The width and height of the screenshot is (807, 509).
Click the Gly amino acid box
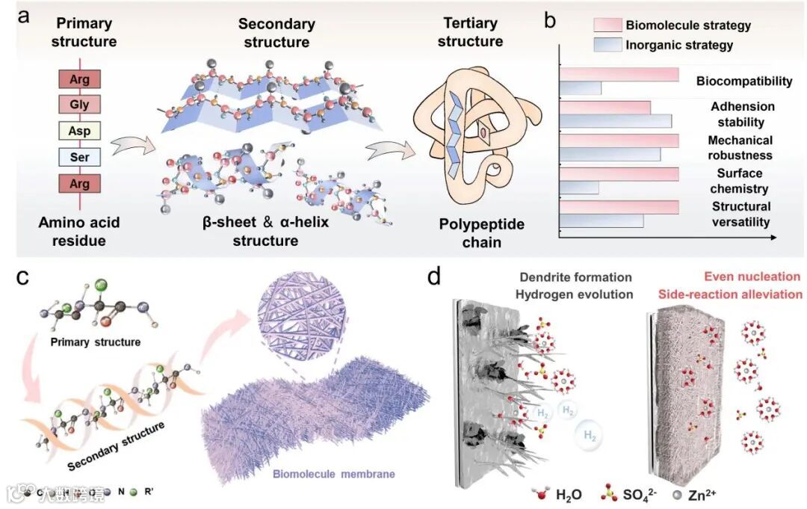[80, 105]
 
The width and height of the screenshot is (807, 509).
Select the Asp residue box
[80, 132]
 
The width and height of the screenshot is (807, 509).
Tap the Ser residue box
[80, 158]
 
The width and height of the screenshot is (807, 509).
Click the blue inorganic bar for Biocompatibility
[581, 88]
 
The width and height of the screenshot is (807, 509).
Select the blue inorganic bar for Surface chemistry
[579, 188]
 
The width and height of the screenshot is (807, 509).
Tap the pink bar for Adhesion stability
[605, 107]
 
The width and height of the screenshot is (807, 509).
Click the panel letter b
[550, 21]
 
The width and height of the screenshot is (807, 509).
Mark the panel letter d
[436, 277]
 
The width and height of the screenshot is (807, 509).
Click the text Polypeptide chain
[471, 232]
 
